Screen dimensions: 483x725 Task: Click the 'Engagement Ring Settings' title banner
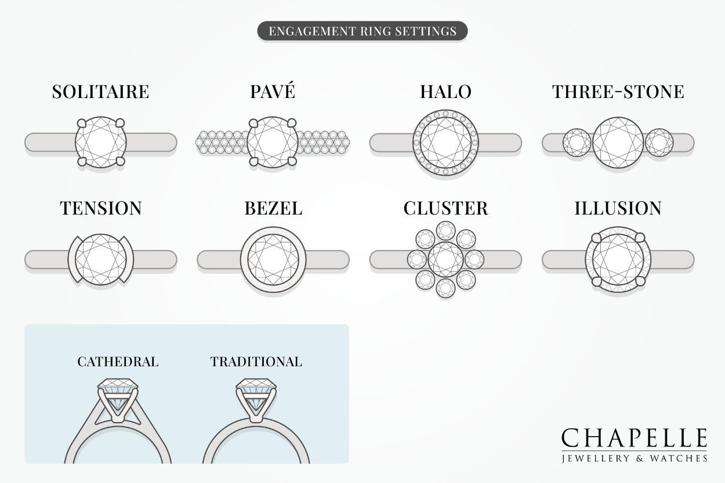click(362, 31)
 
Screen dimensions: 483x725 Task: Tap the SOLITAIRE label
click(100, 92)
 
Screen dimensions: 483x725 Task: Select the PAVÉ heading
click(273, 92)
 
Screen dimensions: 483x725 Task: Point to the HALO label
click(445, 92)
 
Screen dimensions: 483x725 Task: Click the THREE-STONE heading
click(618, 92)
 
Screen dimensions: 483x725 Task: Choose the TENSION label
click(100, 208)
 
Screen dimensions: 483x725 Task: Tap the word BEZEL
click(273, 208)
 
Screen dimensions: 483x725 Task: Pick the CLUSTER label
click(445, 208)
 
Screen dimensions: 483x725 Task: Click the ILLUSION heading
click(618, 208)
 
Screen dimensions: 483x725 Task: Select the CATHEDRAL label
click(118, 362)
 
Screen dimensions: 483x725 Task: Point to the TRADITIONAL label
click(256, 362)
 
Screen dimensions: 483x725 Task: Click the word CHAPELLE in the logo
click(634, 439)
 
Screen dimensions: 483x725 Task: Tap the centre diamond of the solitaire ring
click(101, 143)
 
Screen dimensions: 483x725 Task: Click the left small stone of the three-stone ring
click(577, 142)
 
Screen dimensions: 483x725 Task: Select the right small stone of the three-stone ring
click(659, 142)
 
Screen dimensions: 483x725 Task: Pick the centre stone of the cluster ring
click(445, 259)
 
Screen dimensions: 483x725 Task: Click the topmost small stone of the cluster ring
click(445, 231)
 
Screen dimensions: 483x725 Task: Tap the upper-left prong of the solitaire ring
click(81, 123)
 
